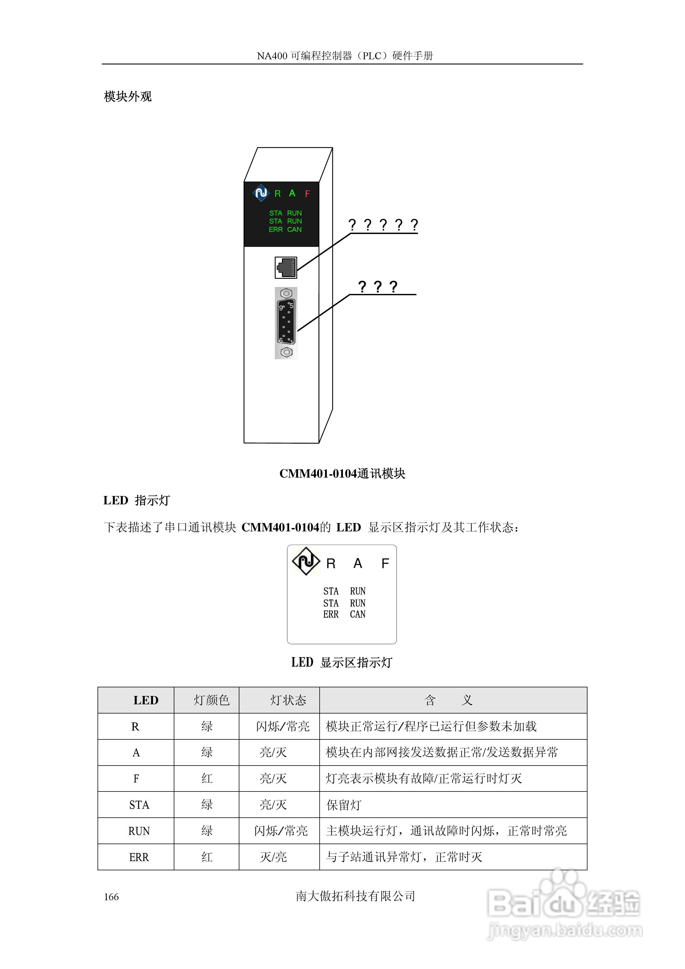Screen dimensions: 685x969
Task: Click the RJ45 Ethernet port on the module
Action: pos(286,268)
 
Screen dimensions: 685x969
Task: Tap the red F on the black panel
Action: pos(307,194)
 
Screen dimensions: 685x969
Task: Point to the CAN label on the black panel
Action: pos(294,230)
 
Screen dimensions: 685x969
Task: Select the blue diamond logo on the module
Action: pos(261,193)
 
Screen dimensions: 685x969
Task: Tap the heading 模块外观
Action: pos(127,97)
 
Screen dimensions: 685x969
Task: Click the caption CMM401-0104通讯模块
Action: pos(342,474)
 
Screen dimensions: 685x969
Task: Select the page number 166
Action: pos(111,897)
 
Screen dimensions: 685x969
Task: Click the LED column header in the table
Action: pos(146,701)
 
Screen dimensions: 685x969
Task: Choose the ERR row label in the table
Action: pos(139,857)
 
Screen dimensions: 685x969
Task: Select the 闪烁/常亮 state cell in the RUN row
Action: pos(281,831)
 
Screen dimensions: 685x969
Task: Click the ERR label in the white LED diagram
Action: pos(331,615)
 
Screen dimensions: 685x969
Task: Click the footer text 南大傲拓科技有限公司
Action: pos(355,896)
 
